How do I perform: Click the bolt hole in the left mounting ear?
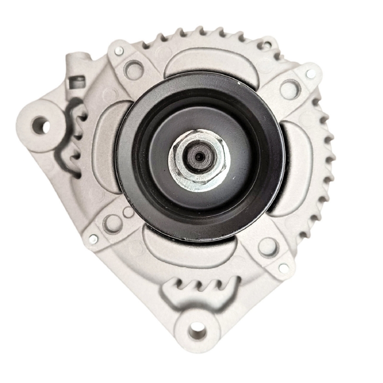(x=41, y=126)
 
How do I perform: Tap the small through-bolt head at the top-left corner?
(x=119, y=50)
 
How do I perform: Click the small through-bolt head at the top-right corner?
(x=311, y=74)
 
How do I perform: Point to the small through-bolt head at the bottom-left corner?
(x=93, y=238)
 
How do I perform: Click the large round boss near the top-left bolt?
(x=134, y=69)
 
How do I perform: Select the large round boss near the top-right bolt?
(x=290, y=89)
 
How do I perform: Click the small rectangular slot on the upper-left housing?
(x=75, y=82)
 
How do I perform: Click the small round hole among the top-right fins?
(x=263, y=45)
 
